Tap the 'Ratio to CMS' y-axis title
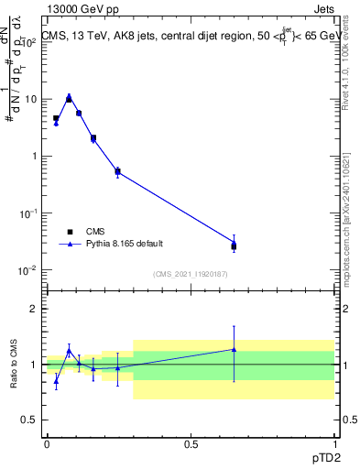pos(14,364)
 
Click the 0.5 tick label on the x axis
pos(191,444)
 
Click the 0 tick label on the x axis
pos(47,444)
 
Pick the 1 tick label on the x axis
pos(333,444)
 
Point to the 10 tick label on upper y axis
pos(30,99)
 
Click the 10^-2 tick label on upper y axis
pos(28,270)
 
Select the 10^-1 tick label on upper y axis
pos(28,213)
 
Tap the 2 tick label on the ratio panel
pos(35,309)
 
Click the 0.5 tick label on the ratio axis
pos(30,420)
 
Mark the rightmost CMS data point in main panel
pos(234,246)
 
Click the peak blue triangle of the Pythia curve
pos(69,95)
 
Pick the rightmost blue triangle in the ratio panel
pos(234,349)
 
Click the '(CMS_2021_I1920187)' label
pos(190,274)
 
